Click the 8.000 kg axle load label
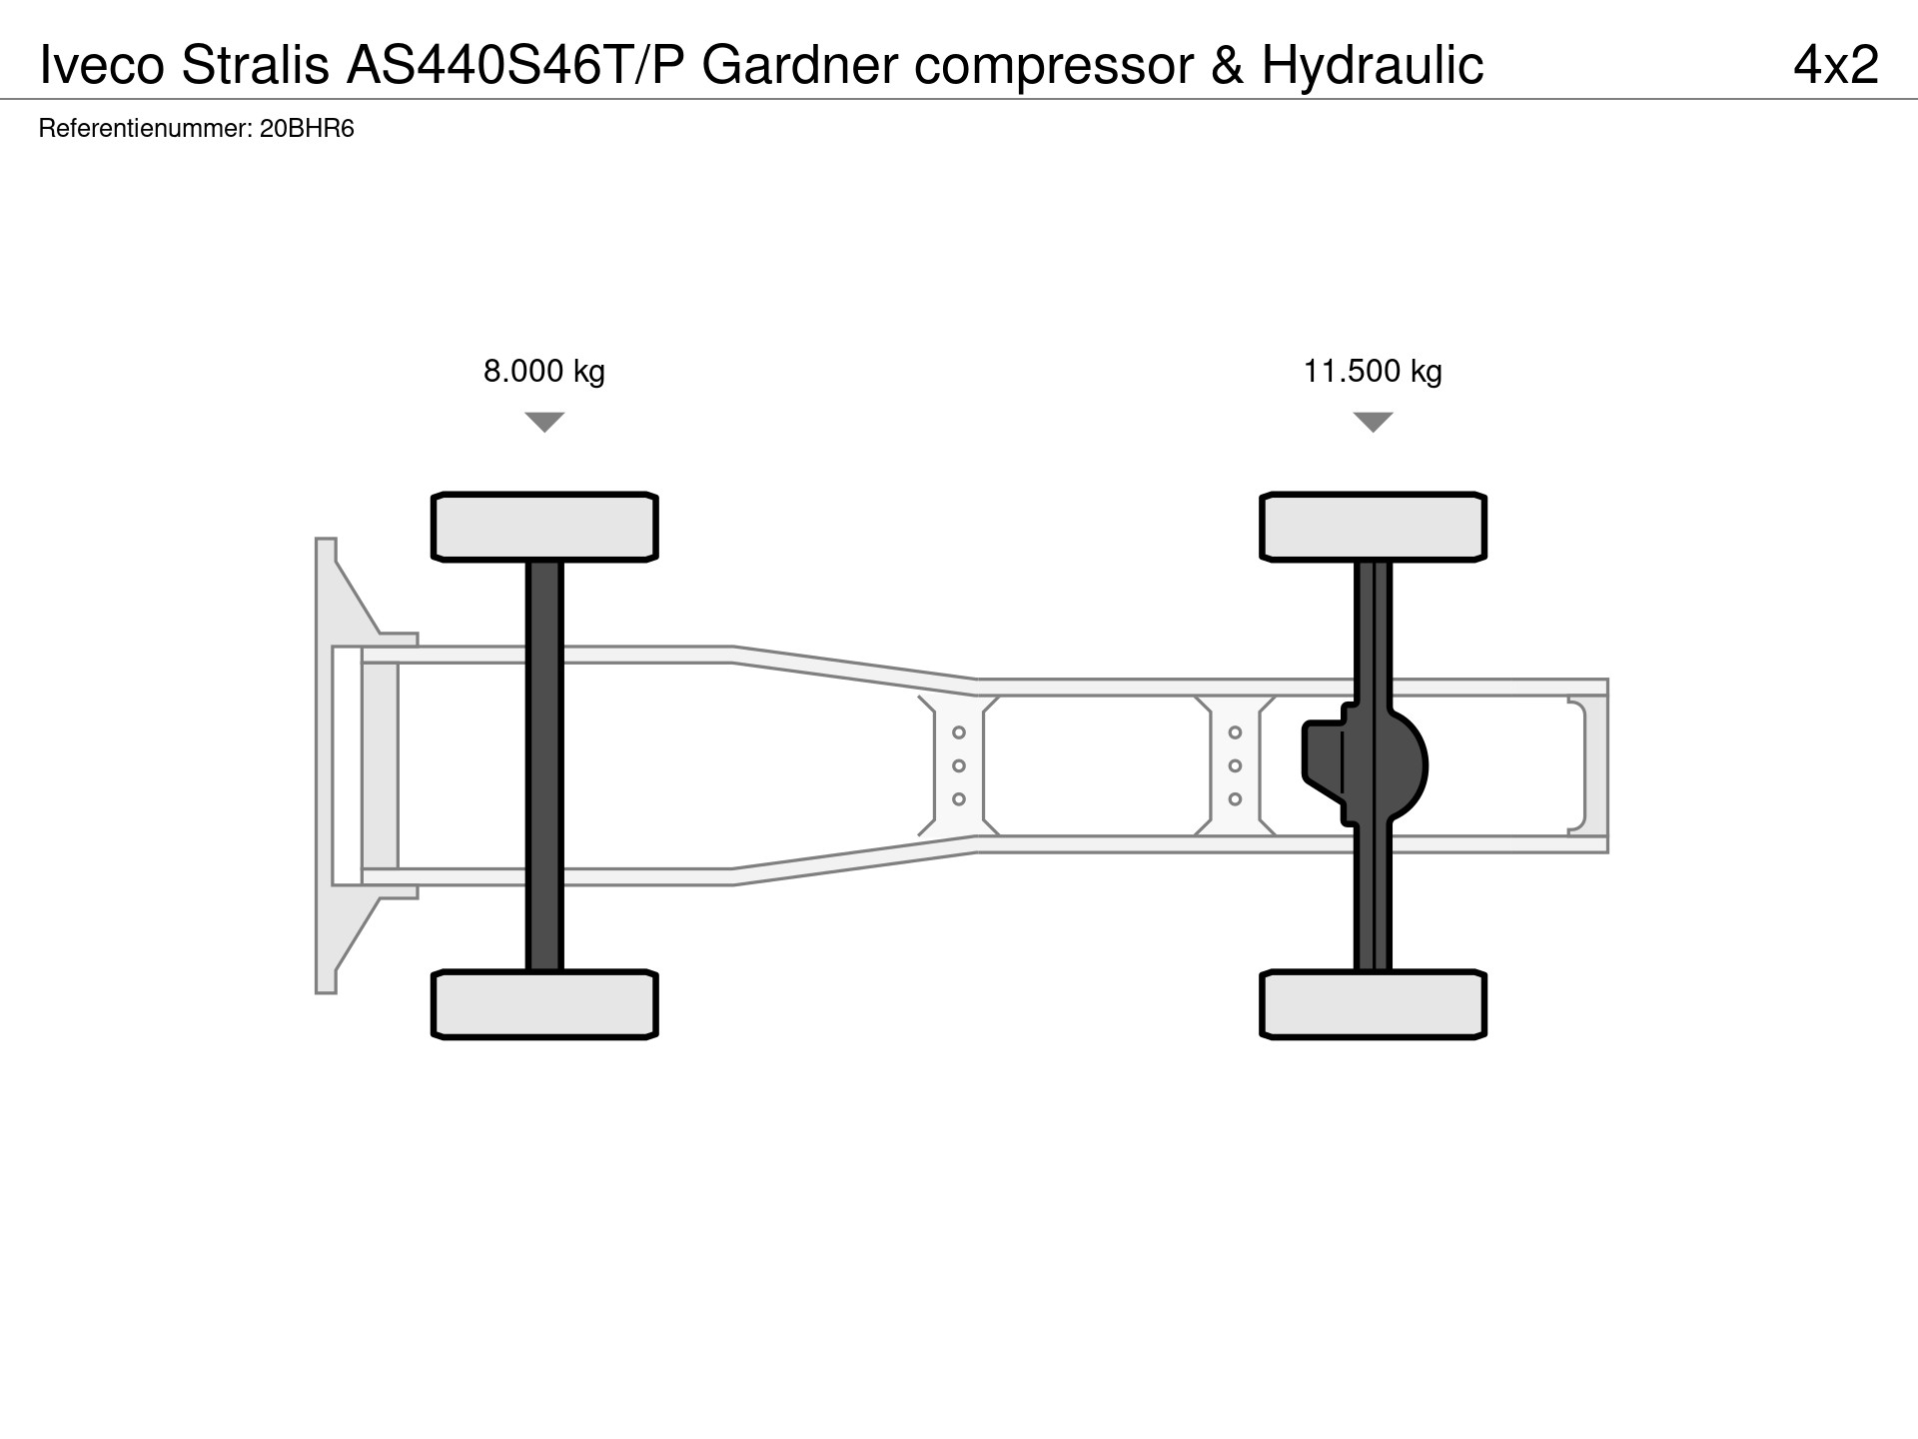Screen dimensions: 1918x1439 click(544, 372)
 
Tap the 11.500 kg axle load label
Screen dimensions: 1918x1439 click(1373, 372)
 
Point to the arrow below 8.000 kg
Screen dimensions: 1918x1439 click(544, 422)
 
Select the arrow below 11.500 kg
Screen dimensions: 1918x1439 click(1374, 422)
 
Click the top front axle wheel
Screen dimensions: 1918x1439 click(544, 527)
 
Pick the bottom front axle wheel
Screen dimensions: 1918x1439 click(544, 1004)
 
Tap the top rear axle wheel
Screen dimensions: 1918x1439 click(1374, 527)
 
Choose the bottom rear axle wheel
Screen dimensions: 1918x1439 click(1374, 1004)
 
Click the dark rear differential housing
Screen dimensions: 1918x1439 click(1366, 765)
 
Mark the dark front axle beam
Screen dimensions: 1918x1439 click(544, 765)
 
